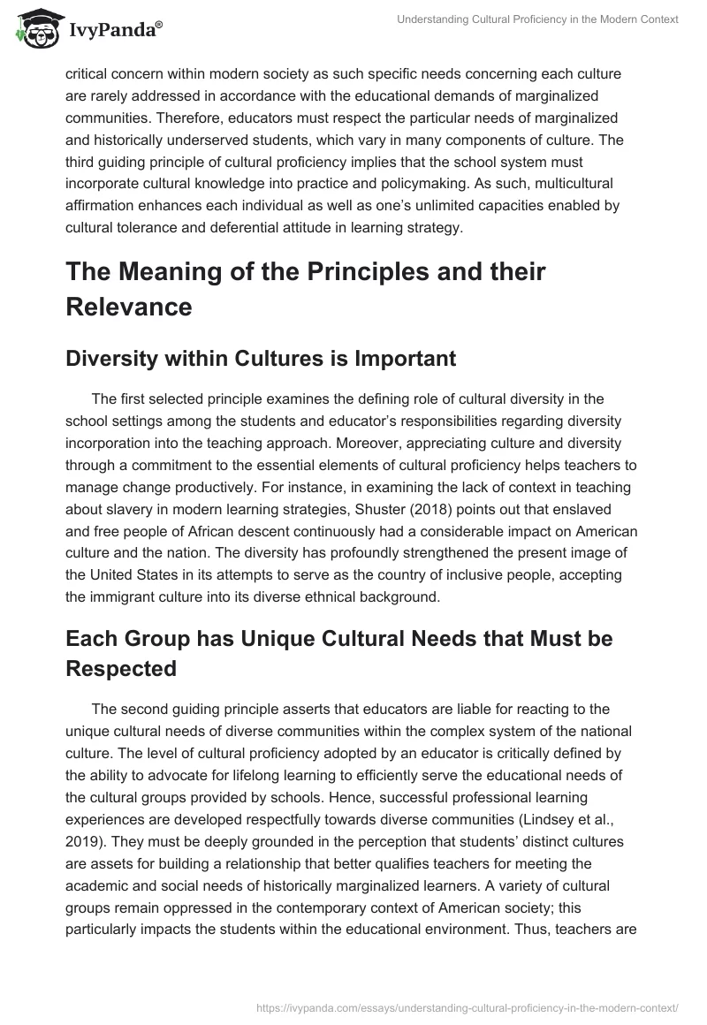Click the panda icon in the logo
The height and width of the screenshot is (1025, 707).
(x=33, y=29)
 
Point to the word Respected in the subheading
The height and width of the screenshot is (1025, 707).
(x=121, y=668)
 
